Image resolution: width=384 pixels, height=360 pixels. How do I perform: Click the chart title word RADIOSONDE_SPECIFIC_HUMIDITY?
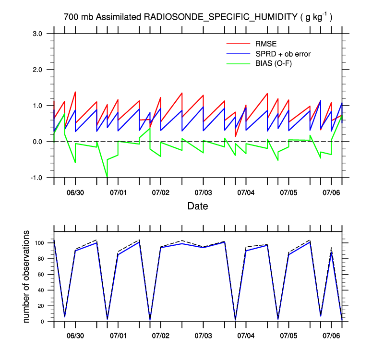(221, 17)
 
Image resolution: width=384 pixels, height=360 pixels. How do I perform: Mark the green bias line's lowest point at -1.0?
(107, 177)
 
